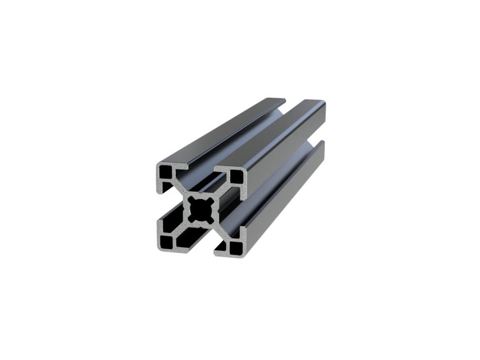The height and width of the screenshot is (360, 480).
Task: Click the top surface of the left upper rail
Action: coord(222,131)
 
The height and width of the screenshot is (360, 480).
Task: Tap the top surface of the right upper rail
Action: coord(276,133)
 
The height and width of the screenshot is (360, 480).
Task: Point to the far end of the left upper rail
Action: coord(276,101)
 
